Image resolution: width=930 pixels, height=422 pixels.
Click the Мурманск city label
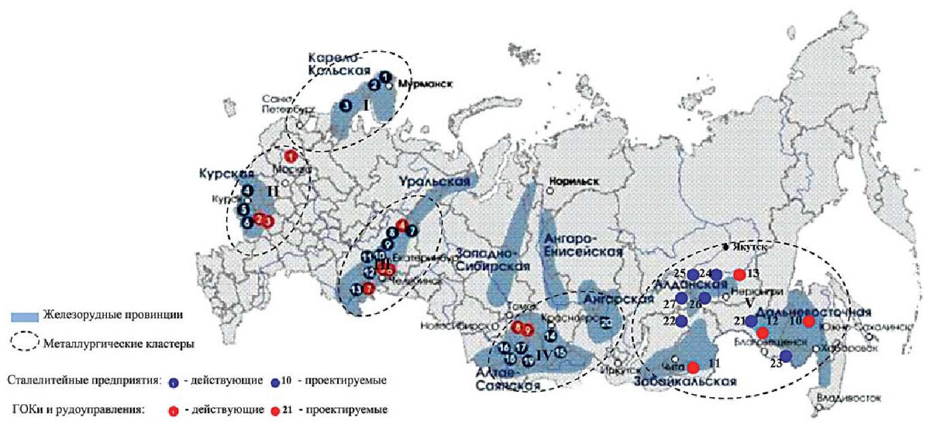pos(424,84)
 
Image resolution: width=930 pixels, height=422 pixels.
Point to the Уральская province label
pos(436,182)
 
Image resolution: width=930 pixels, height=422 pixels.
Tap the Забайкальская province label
pos(684,381)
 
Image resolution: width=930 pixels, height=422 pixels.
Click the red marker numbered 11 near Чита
pos(693,367)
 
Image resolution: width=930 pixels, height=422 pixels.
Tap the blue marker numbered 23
pos(785,356)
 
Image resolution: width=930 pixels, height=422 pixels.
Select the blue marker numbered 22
pos(681,320)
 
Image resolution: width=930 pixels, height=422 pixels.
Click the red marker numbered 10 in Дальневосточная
pos(808,321)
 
